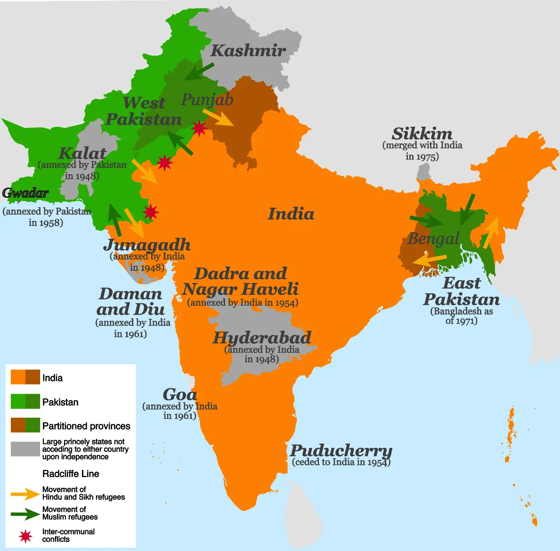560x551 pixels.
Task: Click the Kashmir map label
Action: [248, 50]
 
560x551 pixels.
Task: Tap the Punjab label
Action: [207, 99]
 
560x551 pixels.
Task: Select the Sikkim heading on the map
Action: [422, 133]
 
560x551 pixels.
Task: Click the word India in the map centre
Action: [291, 214]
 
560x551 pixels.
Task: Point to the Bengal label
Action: [433, 239]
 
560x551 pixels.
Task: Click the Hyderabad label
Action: [262, 338]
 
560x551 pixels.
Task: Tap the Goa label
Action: [179, 395]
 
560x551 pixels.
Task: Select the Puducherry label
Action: [341, 450]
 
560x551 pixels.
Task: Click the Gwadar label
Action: [25, 193]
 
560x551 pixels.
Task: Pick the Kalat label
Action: [82, 154]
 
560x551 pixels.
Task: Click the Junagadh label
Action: [147, 245]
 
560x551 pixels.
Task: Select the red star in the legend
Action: [25, 536]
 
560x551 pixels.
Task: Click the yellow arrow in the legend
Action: [25, 494]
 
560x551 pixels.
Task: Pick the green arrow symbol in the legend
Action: [25, 514]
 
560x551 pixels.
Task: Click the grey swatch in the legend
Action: [25, 449]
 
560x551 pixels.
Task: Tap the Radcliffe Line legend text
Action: [71, 474]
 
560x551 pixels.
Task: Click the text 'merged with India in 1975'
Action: [422, 151]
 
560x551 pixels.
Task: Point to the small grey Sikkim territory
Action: [424, 172]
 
